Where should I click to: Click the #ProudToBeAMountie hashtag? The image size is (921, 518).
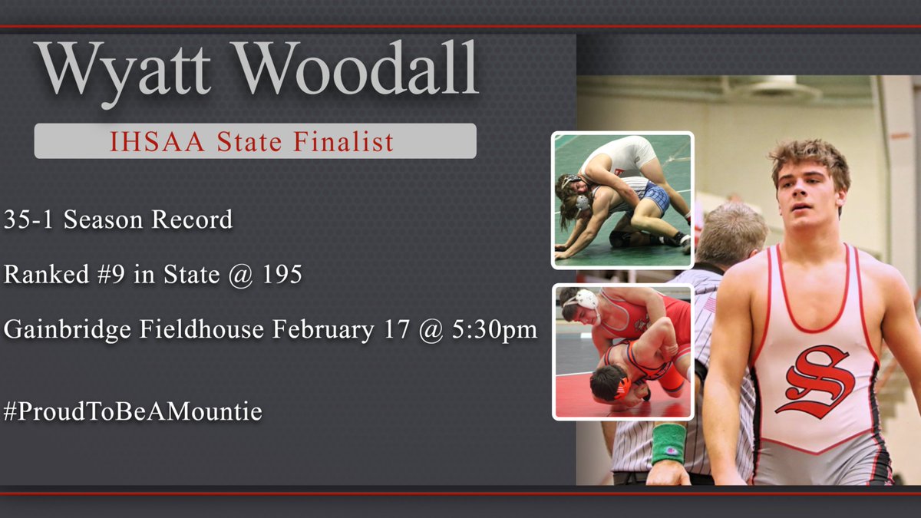(x=133, y=412)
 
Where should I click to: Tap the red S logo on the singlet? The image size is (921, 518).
(x=814, y=381)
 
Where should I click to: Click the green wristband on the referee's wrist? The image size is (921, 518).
(x=668, y=443)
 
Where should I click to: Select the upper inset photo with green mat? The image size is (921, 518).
(x=622, y=200)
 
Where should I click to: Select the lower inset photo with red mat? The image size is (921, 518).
(x=622, y=352)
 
